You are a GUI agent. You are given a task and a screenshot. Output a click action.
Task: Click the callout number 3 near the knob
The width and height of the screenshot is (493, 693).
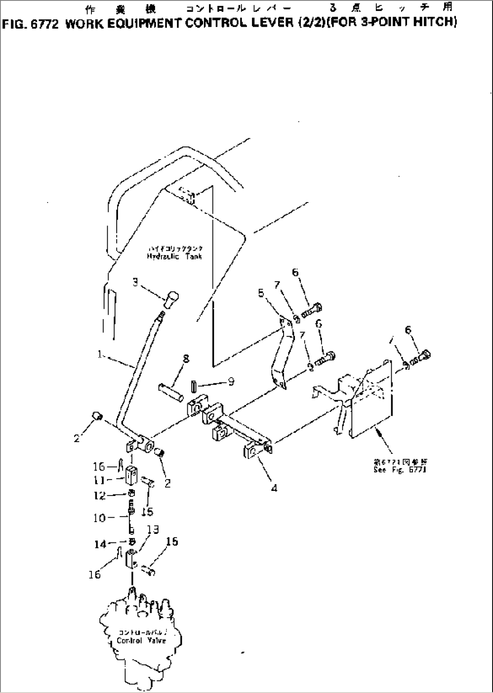click(x=135, y=282)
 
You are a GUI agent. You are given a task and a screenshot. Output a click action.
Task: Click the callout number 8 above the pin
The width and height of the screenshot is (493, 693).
click(x=185, y=359)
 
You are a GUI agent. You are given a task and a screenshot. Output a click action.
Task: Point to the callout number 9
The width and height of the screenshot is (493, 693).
click(x=231, y=382)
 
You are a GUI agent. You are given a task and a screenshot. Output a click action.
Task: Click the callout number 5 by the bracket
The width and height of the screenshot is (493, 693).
click(x=261, y=293)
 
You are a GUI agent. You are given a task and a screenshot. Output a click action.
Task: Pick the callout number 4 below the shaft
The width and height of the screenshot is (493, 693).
click(x=274, y=488)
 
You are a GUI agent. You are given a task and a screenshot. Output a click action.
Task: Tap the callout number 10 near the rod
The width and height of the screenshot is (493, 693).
click(x=100, y=518)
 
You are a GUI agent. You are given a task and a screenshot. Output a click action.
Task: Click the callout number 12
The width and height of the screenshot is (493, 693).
click(x=100, y=496)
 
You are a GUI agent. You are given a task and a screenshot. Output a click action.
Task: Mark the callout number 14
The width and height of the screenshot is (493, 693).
click(x=100, y=545)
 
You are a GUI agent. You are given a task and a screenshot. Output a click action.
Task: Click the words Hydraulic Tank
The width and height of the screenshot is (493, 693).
click(x=174, y=256)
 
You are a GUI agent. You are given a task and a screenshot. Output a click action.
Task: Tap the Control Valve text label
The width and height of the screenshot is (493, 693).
click(x=141, y=641)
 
